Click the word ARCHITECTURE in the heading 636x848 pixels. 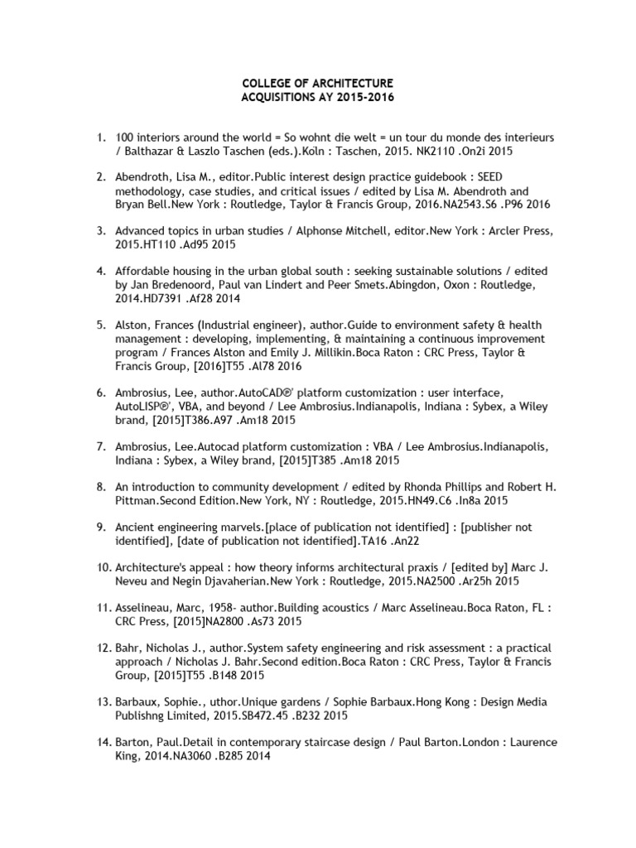click(x=345, y=84)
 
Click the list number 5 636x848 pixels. click(x=103, y=325)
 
